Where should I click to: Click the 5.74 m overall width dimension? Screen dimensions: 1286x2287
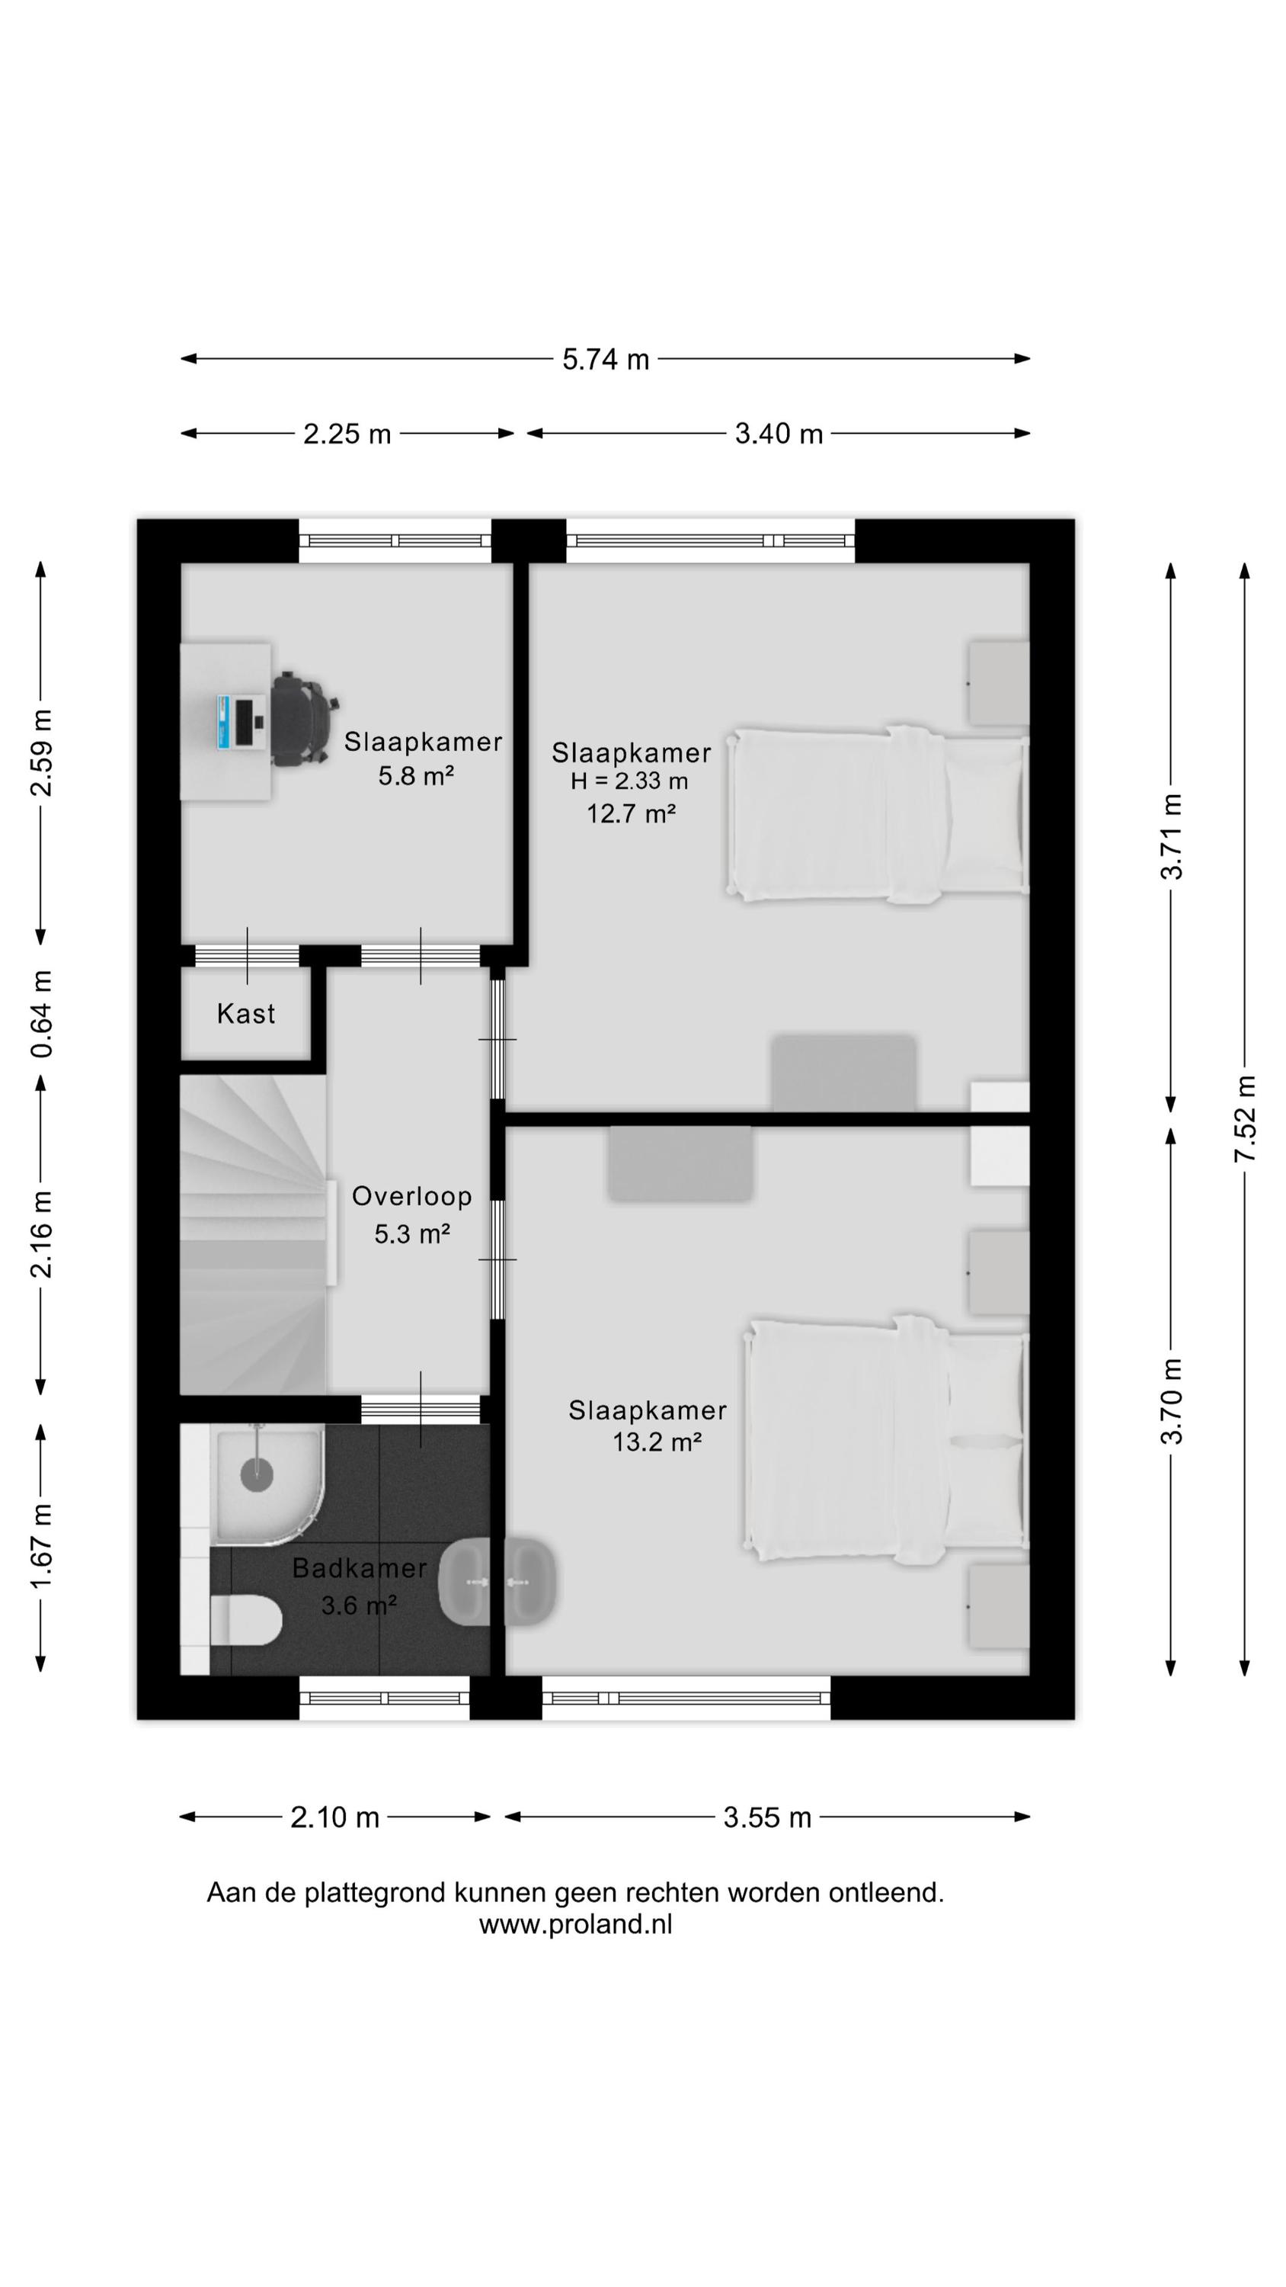[x=606, y=360]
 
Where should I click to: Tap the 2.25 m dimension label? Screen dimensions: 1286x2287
[x=347, y=434]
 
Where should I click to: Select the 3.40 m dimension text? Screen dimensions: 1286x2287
[x=779, y=434]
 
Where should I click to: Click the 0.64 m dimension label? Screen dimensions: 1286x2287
[x=42, y=1013]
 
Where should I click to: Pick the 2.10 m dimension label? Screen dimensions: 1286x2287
[x=334, y=1817]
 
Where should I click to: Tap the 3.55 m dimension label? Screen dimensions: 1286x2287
[x=767, y=1817]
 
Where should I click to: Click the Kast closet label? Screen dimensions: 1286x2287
[x=246, y=1013]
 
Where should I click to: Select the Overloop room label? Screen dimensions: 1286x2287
[x=412, y=1196]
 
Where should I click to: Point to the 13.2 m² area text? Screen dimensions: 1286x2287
[x=657, y=1442]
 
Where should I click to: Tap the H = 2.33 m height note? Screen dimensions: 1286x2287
[x=629, y=781]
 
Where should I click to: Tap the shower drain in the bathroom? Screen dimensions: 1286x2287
[x=257, y=1474]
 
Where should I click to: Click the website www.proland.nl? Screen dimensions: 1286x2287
[x=575, y=1924]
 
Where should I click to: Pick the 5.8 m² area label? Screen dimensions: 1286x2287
[x=416, y=776]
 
